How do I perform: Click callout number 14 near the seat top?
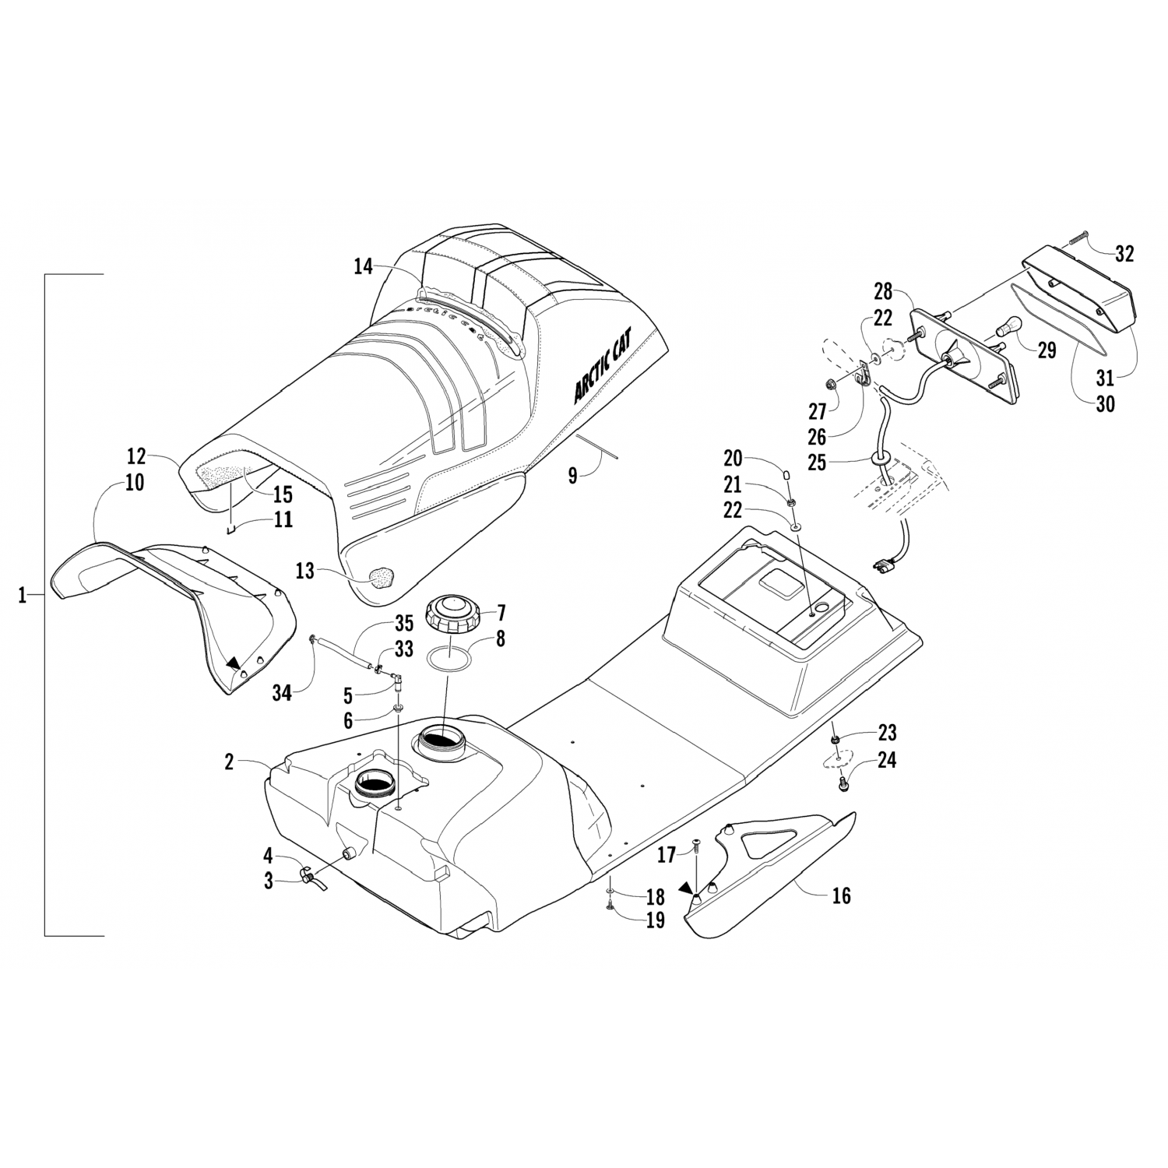363,267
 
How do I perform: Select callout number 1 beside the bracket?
23,596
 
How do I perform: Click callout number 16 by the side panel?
841,895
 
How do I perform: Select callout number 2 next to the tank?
229,762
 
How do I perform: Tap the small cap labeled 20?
786,475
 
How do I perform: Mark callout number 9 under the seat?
572,475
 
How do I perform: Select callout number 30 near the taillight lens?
1105,403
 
